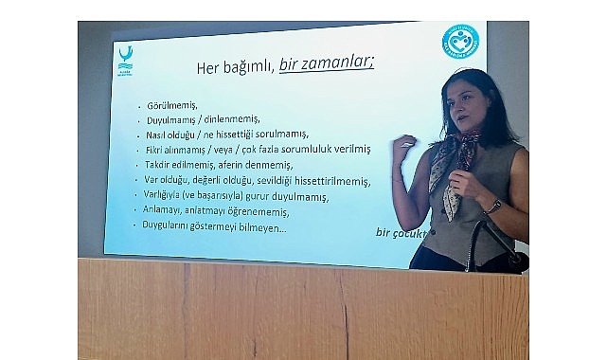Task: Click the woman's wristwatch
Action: pos(493,206)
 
